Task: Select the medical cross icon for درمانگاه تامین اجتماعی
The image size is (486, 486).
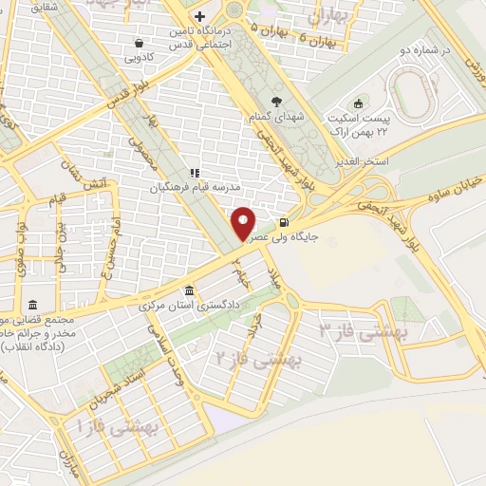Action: click(198, 17)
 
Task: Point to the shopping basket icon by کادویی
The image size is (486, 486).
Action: click(140, 42)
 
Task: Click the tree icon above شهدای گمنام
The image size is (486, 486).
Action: click(275, 101)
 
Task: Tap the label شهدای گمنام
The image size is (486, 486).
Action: click(275, 115)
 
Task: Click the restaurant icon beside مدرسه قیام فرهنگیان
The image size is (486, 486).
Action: click(194, 173)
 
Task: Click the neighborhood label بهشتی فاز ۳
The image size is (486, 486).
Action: click(362, 331)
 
